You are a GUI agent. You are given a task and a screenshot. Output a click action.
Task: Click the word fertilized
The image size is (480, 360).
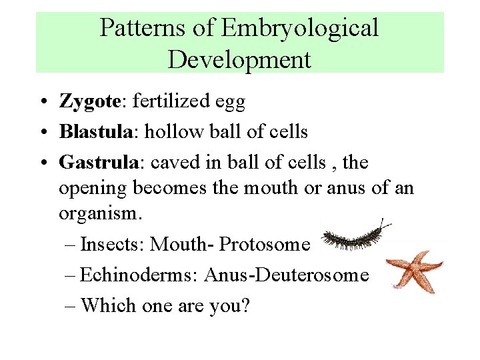click(171, 102)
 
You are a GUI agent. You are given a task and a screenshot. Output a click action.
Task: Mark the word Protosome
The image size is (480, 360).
click(265, 245)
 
